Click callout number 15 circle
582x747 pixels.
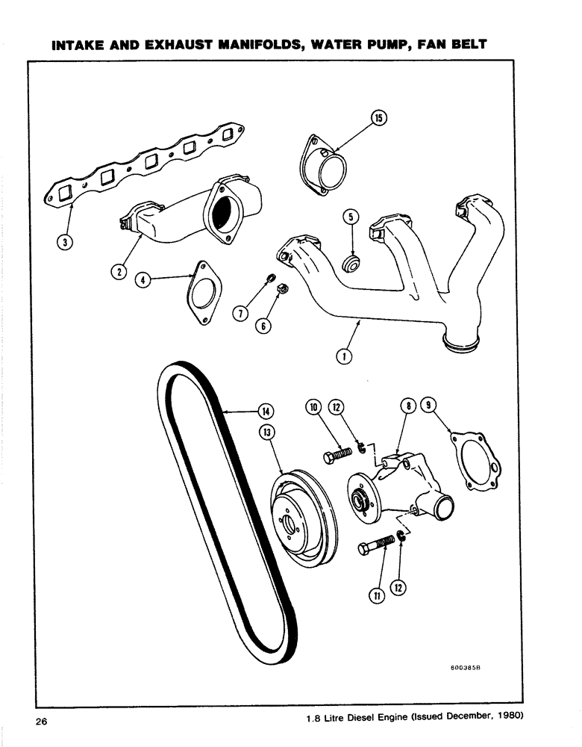[378, 118]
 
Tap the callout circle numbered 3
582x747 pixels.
[65, 244]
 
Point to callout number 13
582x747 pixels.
[266, 432]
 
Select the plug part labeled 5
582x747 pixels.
[348, 264]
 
